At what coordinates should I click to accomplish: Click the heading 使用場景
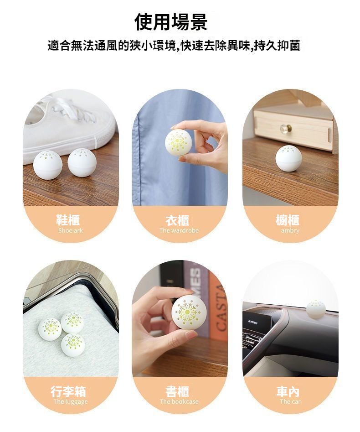171,22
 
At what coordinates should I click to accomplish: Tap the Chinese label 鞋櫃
68,220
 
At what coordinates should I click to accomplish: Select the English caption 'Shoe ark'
71,231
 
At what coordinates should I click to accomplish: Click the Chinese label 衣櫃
178,220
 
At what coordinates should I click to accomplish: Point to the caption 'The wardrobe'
179,231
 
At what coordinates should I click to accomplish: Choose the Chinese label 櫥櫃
288,220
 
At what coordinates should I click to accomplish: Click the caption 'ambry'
290,231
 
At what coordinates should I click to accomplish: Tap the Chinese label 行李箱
68,391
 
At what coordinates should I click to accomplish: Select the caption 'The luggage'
71,402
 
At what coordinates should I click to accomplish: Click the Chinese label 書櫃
178,391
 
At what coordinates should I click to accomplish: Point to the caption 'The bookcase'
179,402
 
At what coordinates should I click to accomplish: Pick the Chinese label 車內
288,391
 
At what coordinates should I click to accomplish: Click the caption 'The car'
290,402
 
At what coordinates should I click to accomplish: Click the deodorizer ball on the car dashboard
316,310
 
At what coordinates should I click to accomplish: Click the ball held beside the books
189,312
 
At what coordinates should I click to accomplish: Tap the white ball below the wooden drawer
288,158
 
